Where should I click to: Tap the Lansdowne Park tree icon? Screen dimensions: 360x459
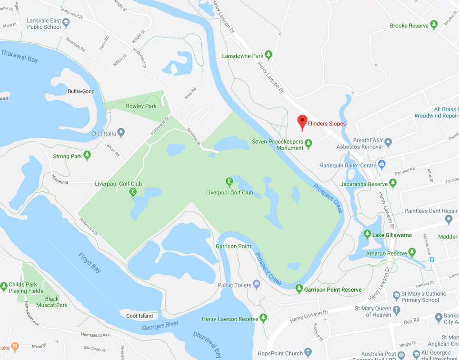(268, 55)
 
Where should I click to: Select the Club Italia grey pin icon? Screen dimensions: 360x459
(121, 133)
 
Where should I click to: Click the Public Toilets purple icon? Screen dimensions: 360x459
(256, 284)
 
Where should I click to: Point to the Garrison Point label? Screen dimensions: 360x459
(233, 246)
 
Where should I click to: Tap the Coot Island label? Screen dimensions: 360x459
(139, 316)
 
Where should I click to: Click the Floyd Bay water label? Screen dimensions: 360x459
(90, 263)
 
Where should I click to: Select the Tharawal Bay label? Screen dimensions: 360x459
(19, 56)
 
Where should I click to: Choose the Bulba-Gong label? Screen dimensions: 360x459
(81, 91)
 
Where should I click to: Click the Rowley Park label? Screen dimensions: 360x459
(141, 106)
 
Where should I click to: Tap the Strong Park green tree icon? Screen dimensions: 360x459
(87, 155)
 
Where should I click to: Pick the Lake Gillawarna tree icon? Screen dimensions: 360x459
(368, 234)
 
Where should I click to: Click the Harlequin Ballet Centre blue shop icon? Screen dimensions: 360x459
(382, 164)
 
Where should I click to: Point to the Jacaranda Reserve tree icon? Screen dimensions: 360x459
(393, 183)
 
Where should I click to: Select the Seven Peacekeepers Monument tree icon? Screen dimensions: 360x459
(309, 144)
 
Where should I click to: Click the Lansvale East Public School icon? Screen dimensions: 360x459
(66, 22)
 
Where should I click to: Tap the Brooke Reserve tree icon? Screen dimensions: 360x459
(434, 25)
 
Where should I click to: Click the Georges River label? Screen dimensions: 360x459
(160, 326)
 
